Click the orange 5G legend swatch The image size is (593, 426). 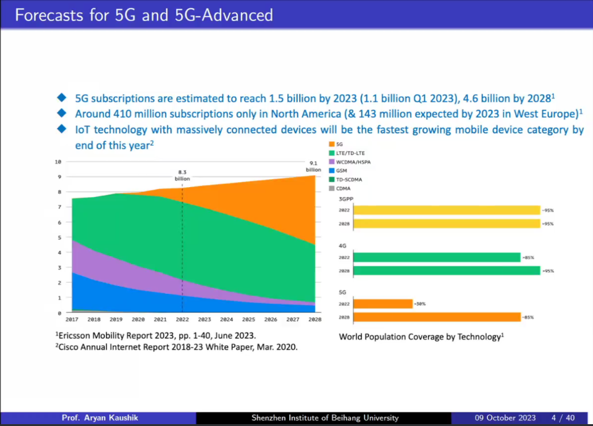[332, 144]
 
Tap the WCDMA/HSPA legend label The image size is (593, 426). [353, 162]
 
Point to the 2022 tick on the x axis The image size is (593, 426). [182, 320]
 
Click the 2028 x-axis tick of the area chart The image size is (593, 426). [315, 320]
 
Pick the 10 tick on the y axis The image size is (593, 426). [58, 162]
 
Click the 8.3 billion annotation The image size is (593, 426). [182, 175]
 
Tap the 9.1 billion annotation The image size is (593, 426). [313, 166]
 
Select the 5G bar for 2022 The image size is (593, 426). [383, 304]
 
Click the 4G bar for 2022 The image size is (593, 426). [437, 257]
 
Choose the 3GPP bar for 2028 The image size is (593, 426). [447, 223]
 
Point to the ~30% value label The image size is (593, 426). [420, 304]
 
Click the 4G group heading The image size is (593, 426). [343, 246]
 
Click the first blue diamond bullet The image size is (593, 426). [61, 98]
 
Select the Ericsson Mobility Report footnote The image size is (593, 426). [155, 336]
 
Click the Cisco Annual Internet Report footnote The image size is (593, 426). [176, 348]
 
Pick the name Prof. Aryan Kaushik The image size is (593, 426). [100, 418]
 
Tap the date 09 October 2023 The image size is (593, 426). [505, 418]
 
